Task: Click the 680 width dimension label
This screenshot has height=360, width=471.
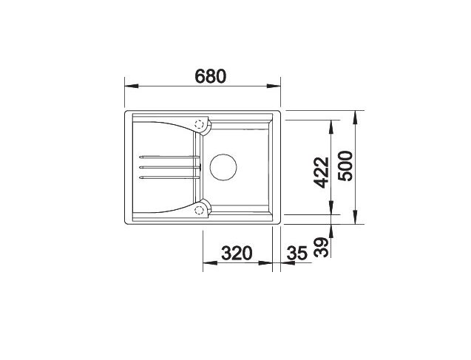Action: [210, 76]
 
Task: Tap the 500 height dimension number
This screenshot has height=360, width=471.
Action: [345, 166]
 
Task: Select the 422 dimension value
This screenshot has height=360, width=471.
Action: [321, 173]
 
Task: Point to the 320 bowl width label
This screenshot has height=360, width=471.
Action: [237, 253]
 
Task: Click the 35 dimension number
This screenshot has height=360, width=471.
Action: [297, 253]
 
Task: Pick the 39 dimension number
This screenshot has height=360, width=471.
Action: [320, 247]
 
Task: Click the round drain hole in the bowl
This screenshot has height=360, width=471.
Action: [223, 167]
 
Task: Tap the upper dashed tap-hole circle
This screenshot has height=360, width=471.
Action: [199, 123]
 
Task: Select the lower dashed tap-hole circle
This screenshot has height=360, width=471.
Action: [199, 210]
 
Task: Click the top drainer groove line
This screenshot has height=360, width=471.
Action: [169, 157]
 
